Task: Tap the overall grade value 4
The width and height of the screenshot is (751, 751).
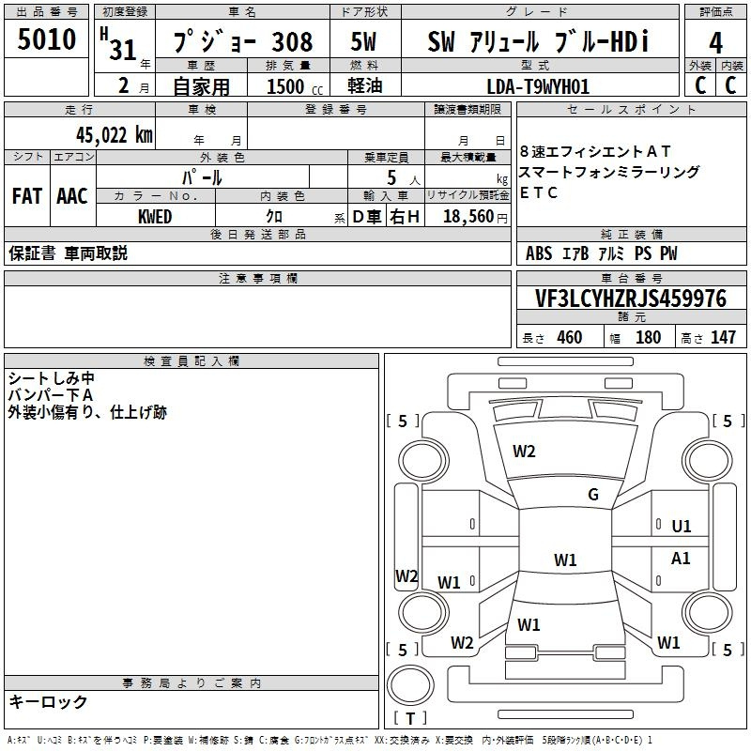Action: tap(716, 43)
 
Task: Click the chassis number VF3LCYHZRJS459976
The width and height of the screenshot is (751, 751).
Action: tap(631, 299)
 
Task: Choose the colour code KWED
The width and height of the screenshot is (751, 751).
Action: tap(154, 216)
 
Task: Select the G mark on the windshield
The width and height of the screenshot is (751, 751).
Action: tap(593, 495)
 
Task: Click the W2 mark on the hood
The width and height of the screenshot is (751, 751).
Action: tap(524, 452)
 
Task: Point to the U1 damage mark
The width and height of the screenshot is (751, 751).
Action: tap(682, 527)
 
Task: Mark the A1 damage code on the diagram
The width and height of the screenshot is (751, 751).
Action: tap(681, 559)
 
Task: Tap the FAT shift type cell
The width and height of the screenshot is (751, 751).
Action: tap(26, 195)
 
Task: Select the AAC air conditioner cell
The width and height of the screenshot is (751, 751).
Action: tap(72, 195)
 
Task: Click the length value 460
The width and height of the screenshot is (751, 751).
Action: tap(569, 338)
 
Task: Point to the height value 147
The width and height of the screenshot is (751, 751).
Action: tap(723, 338)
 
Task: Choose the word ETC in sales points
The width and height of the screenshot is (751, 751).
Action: tap(539, 193)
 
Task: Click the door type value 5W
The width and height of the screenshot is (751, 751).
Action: tap(364, 43)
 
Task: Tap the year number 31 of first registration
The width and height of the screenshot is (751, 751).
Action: tap(123, 50)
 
